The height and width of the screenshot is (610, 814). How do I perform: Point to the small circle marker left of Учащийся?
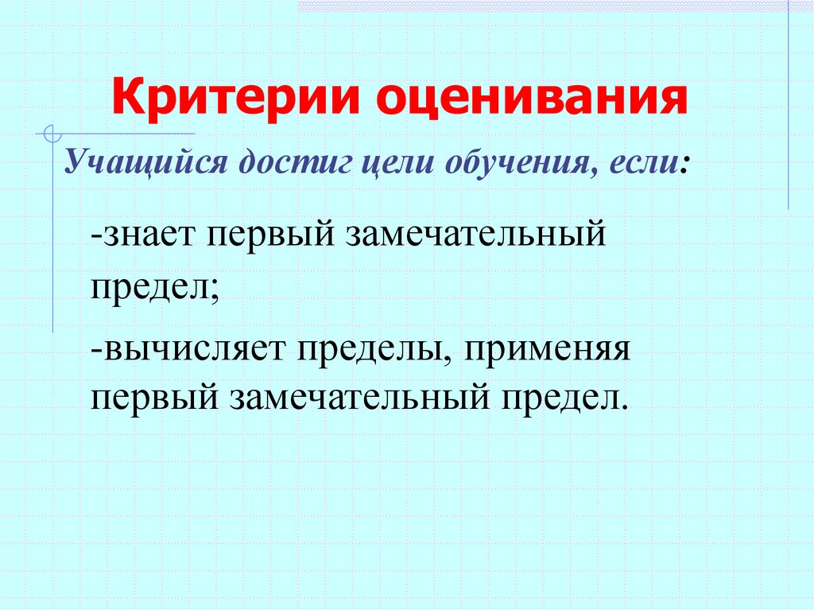tap(52, 132)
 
